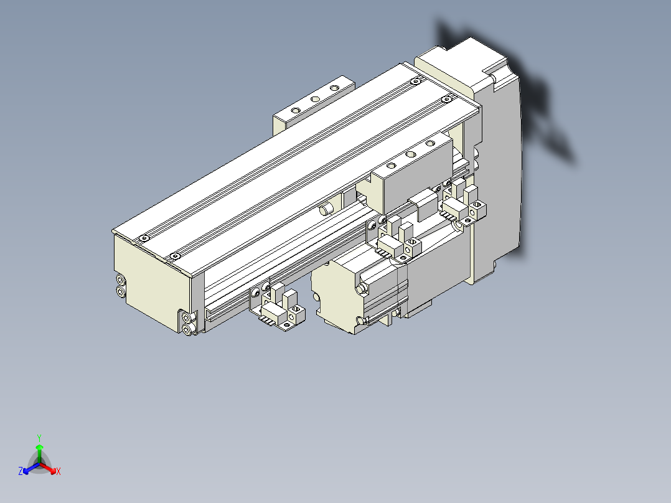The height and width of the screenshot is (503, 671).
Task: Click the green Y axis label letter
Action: tap(39, 438)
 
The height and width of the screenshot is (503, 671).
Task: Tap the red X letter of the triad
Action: tap(59, 472)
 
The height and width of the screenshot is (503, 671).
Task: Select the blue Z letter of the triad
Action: tap(21, 472)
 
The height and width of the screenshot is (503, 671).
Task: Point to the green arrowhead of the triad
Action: tap(39, 448)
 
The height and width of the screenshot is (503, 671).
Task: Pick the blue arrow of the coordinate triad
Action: tap(29, 468)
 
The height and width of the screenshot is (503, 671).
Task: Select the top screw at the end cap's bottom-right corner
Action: tap(189, 319)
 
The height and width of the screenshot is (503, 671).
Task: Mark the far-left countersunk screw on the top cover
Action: tap(144, 238)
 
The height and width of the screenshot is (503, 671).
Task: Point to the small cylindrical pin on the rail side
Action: tap(324, 209)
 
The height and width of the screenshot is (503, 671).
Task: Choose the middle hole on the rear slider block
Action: tap(315, 98)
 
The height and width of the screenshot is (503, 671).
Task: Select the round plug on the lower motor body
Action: tap(361, 289)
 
